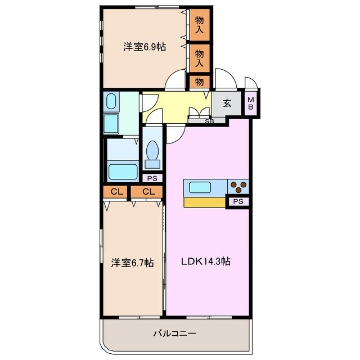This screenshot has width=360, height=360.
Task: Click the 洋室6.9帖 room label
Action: click(145, 47)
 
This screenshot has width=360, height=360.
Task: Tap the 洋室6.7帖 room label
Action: click(133, 262)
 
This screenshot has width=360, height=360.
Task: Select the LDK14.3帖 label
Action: click(205, 261)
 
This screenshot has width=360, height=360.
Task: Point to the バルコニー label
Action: click(174, 334)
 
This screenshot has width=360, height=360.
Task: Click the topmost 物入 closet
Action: click(199, 25)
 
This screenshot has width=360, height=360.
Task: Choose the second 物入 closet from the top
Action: click(199, 58)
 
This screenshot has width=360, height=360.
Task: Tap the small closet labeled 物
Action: click(199, 82)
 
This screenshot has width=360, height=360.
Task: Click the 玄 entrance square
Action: click(227, 103)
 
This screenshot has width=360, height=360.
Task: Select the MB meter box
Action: click(251, 103)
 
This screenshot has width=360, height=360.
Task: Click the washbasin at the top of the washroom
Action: click(111, 102)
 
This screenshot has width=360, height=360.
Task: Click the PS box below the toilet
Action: click(151, 178)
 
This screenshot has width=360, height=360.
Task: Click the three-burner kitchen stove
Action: click(238, 186)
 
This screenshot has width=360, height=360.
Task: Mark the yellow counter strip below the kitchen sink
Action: click(204, 201)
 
